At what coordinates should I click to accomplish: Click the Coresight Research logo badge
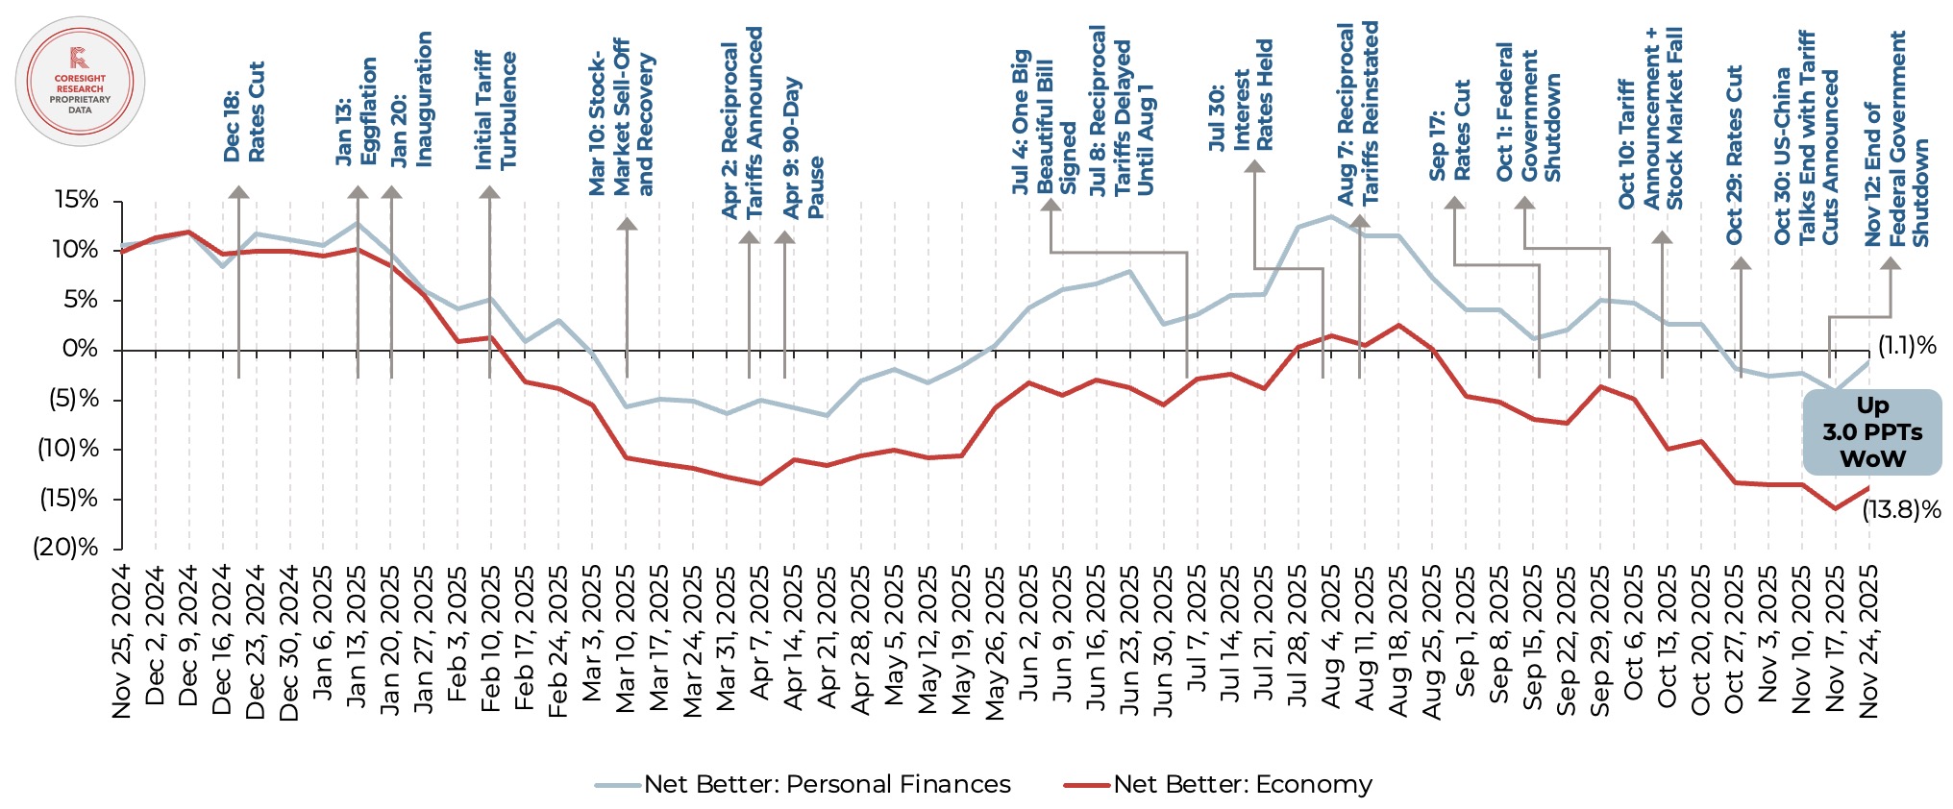81,82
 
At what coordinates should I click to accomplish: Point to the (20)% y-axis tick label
65,548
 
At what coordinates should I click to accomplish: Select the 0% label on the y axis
81,349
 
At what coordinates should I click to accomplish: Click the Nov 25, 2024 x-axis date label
122,642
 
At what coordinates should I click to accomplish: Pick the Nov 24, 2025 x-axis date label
1868,642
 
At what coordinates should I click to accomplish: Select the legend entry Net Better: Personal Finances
803,785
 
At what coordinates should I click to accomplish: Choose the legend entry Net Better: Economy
1219,785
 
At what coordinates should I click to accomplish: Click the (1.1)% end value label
1907,346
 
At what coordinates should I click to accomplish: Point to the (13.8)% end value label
1901,510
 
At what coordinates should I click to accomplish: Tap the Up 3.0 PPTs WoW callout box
1871,432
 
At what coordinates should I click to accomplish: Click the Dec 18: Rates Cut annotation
244,112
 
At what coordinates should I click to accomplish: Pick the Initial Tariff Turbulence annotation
496,110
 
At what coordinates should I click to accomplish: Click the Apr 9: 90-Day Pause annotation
803,148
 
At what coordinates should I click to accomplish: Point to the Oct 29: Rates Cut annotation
1734,154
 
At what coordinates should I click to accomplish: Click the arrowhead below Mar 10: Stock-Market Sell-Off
627,224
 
